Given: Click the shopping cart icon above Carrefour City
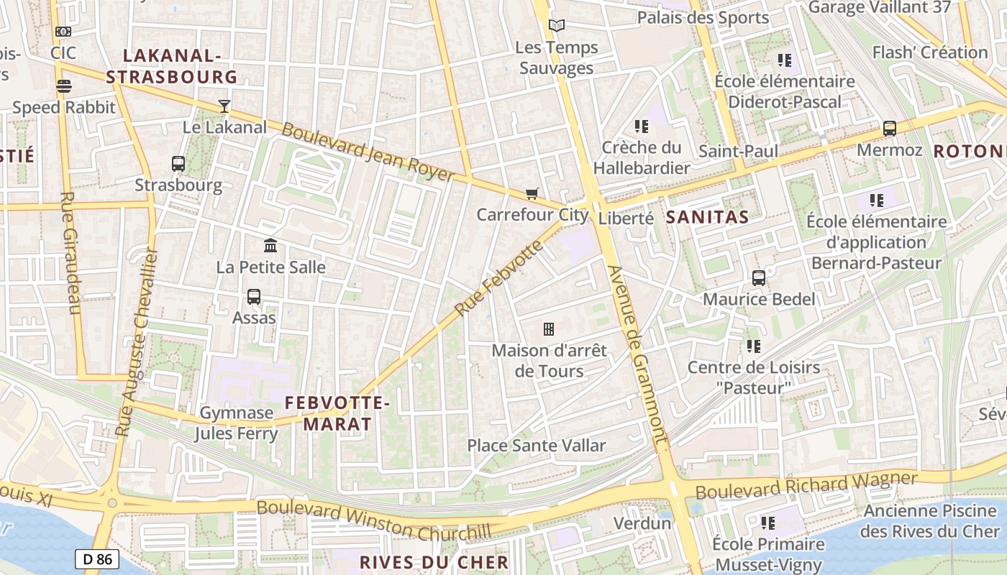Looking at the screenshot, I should [532, 193].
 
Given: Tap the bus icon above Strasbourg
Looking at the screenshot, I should [178, 164].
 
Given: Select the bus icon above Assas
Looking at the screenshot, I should [254, 296].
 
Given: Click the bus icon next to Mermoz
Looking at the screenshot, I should [890, 129].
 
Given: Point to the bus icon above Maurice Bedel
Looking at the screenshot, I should [759, 278].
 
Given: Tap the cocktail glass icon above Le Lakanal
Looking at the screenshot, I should [224, 106].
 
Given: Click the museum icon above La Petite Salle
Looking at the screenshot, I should [270, 246].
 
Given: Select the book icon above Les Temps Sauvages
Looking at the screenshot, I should [557, 26].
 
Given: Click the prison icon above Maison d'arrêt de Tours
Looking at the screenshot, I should [549, 329].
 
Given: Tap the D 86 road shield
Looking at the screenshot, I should [96, 558].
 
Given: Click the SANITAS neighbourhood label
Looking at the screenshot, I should [707, 217].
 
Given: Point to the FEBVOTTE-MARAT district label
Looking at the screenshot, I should [337, 413].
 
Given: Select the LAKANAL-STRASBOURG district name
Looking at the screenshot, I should [171, 66].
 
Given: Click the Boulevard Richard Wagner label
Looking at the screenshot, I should [806, 485].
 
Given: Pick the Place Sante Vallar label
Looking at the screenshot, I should [537, 446].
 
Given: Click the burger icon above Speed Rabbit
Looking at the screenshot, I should [64, 87].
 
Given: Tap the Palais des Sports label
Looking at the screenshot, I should [703, 17].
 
